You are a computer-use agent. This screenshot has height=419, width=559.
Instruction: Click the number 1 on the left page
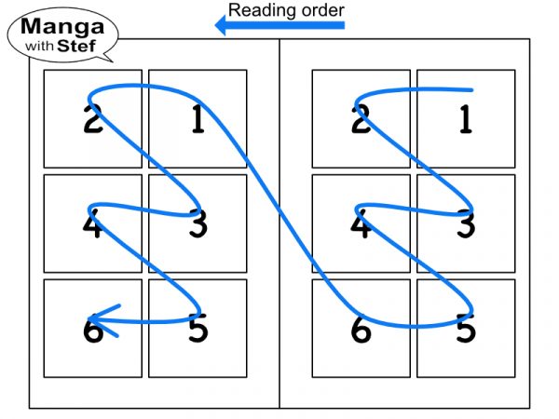198,120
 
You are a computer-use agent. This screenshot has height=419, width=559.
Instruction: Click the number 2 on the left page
93,120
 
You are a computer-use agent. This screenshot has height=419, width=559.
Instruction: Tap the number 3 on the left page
198,224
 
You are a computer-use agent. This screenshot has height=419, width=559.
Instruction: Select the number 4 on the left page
93,224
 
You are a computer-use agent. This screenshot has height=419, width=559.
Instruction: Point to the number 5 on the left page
198,329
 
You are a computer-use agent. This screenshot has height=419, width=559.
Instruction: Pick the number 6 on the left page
93,329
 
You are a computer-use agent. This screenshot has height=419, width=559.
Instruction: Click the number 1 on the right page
465,120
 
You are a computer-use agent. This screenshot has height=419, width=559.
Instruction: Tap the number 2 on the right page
361,120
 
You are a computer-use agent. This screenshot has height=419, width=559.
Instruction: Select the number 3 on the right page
465,224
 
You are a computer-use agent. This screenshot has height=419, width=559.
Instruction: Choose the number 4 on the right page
361,224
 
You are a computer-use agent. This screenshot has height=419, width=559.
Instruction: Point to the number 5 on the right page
465,329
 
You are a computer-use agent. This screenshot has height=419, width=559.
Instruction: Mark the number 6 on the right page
361,329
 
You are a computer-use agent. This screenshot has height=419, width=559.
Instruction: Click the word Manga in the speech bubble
62,24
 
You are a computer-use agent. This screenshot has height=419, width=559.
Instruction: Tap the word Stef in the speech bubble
76,43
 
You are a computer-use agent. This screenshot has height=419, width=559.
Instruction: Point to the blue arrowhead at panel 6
102,321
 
